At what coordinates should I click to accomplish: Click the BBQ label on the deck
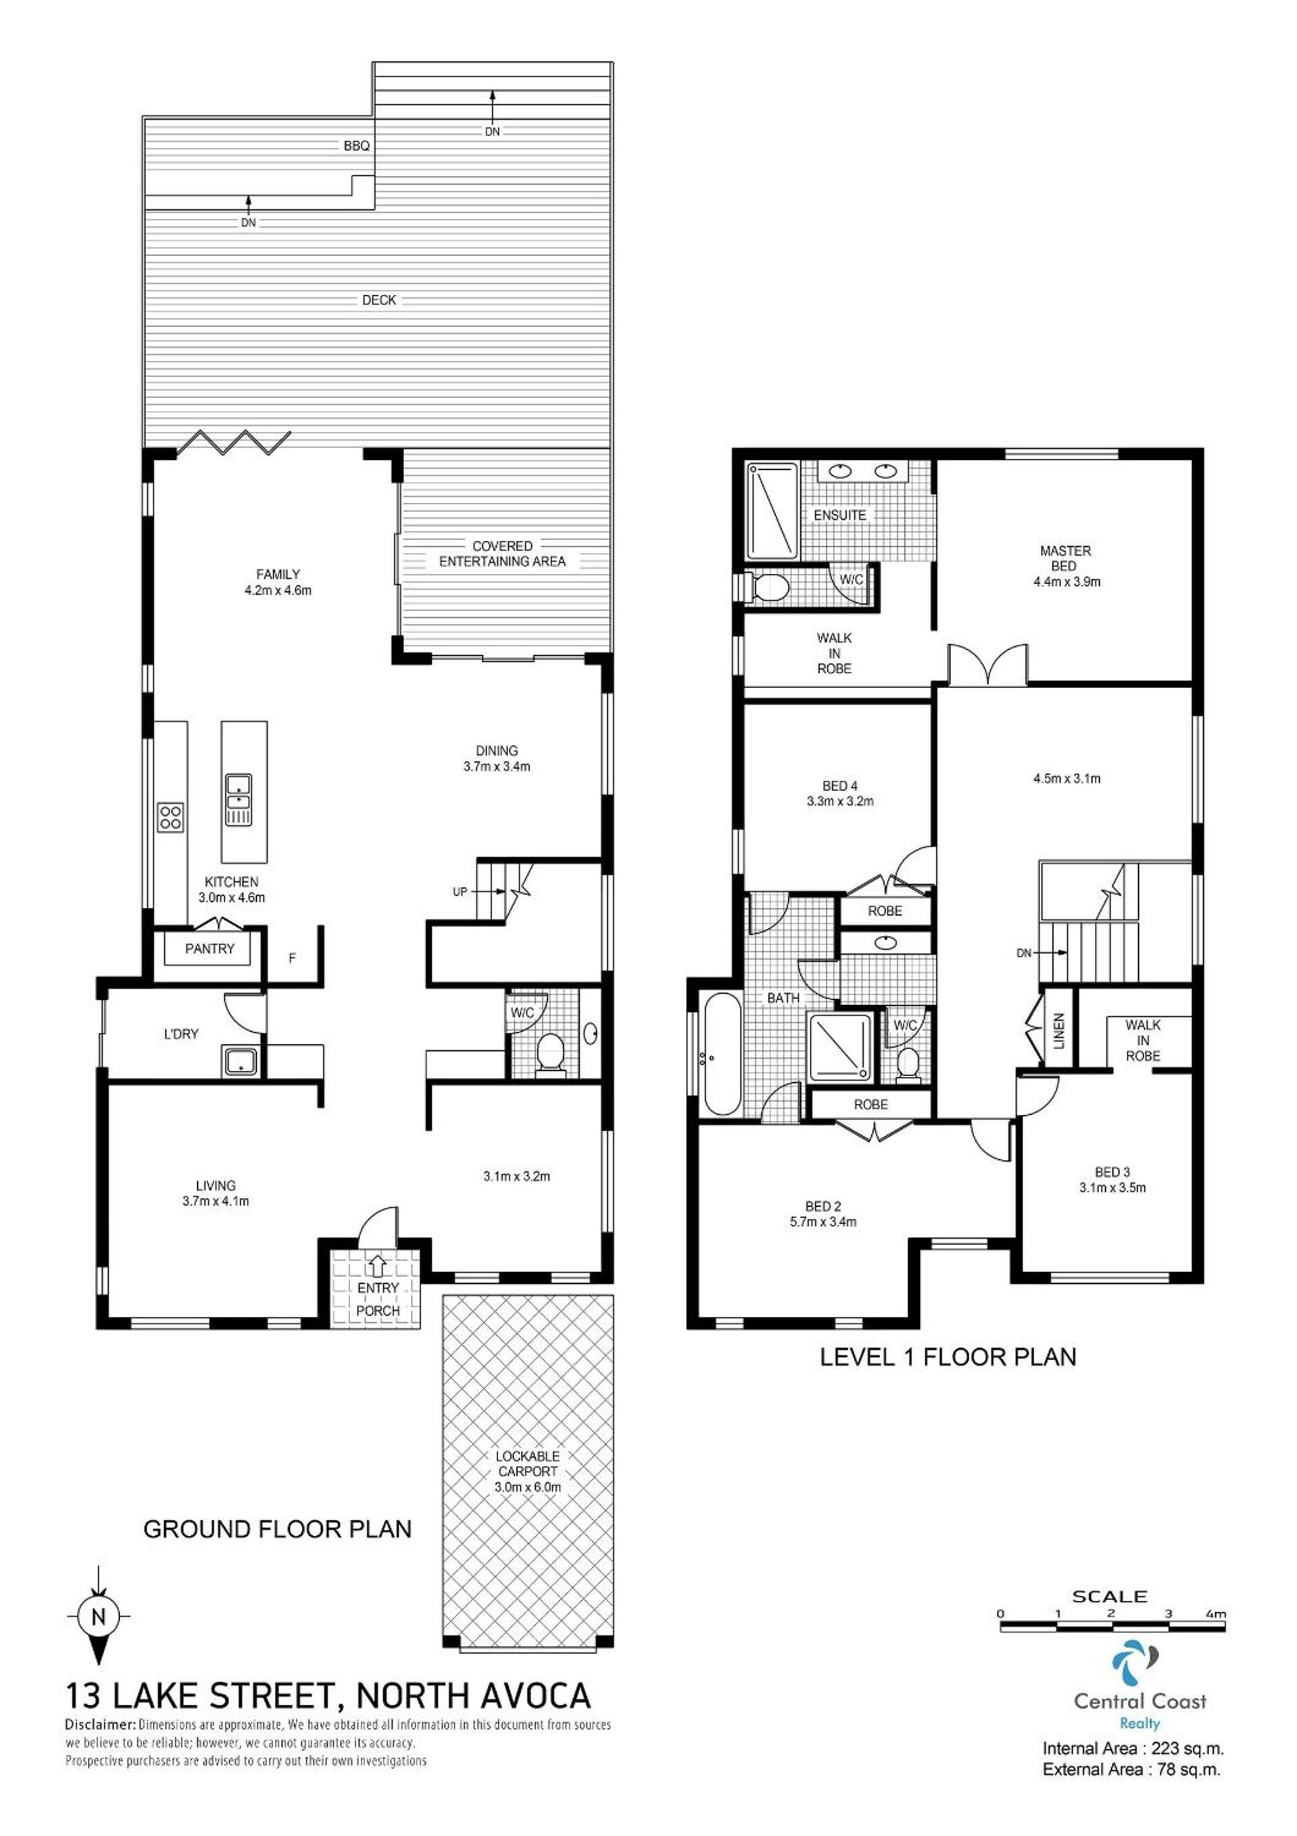357,146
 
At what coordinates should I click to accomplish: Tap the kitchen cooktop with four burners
171,817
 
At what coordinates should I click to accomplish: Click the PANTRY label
210,948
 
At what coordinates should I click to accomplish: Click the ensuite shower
772,511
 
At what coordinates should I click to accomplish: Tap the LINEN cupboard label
1060,1031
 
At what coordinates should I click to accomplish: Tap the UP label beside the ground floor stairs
460,892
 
